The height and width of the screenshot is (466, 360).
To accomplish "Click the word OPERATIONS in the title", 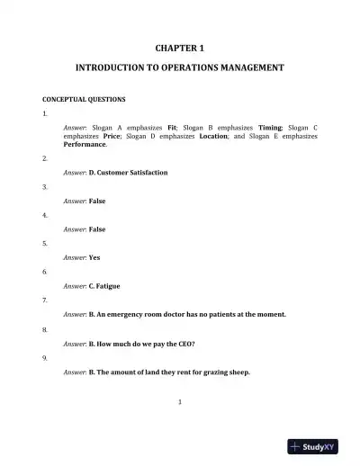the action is click(x=189, y=67).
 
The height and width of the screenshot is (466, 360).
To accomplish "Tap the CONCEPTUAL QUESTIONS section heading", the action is click(x=84, y=99).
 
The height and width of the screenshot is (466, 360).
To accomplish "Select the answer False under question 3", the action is click(x=97, y=202).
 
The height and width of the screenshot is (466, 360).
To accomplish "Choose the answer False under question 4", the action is click(x=97, y=229).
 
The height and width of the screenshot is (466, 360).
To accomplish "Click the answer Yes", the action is click(x=94, y=257).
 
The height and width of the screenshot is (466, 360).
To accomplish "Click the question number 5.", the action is click(x=45, y=244).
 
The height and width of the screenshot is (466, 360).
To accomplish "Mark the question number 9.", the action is click(x=45, y=358).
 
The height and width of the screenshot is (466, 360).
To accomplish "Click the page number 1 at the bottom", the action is click(x=180, y=401).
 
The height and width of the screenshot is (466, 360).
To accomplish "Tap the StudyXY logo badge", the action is click(x=319, y=446).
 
